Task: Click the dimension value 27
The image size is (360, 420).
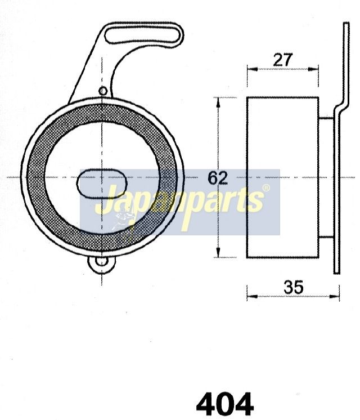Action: click(282, 60)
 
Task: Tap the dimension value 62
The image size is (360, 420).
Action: click(218, 178)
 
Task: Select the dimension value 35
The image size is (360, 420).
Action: click(294, 287)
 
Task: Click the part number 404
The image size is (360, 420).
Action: click(225, 404)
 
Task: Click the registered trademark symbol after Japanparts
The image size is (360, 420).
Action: click(266, 188)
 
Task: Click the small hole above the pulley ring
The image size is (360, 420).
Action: click(103, 91)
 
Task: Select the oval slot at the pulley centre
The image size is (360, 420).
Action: click(102, 184)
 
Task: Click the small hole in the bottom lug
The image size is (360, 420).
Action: click(102, 261)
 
